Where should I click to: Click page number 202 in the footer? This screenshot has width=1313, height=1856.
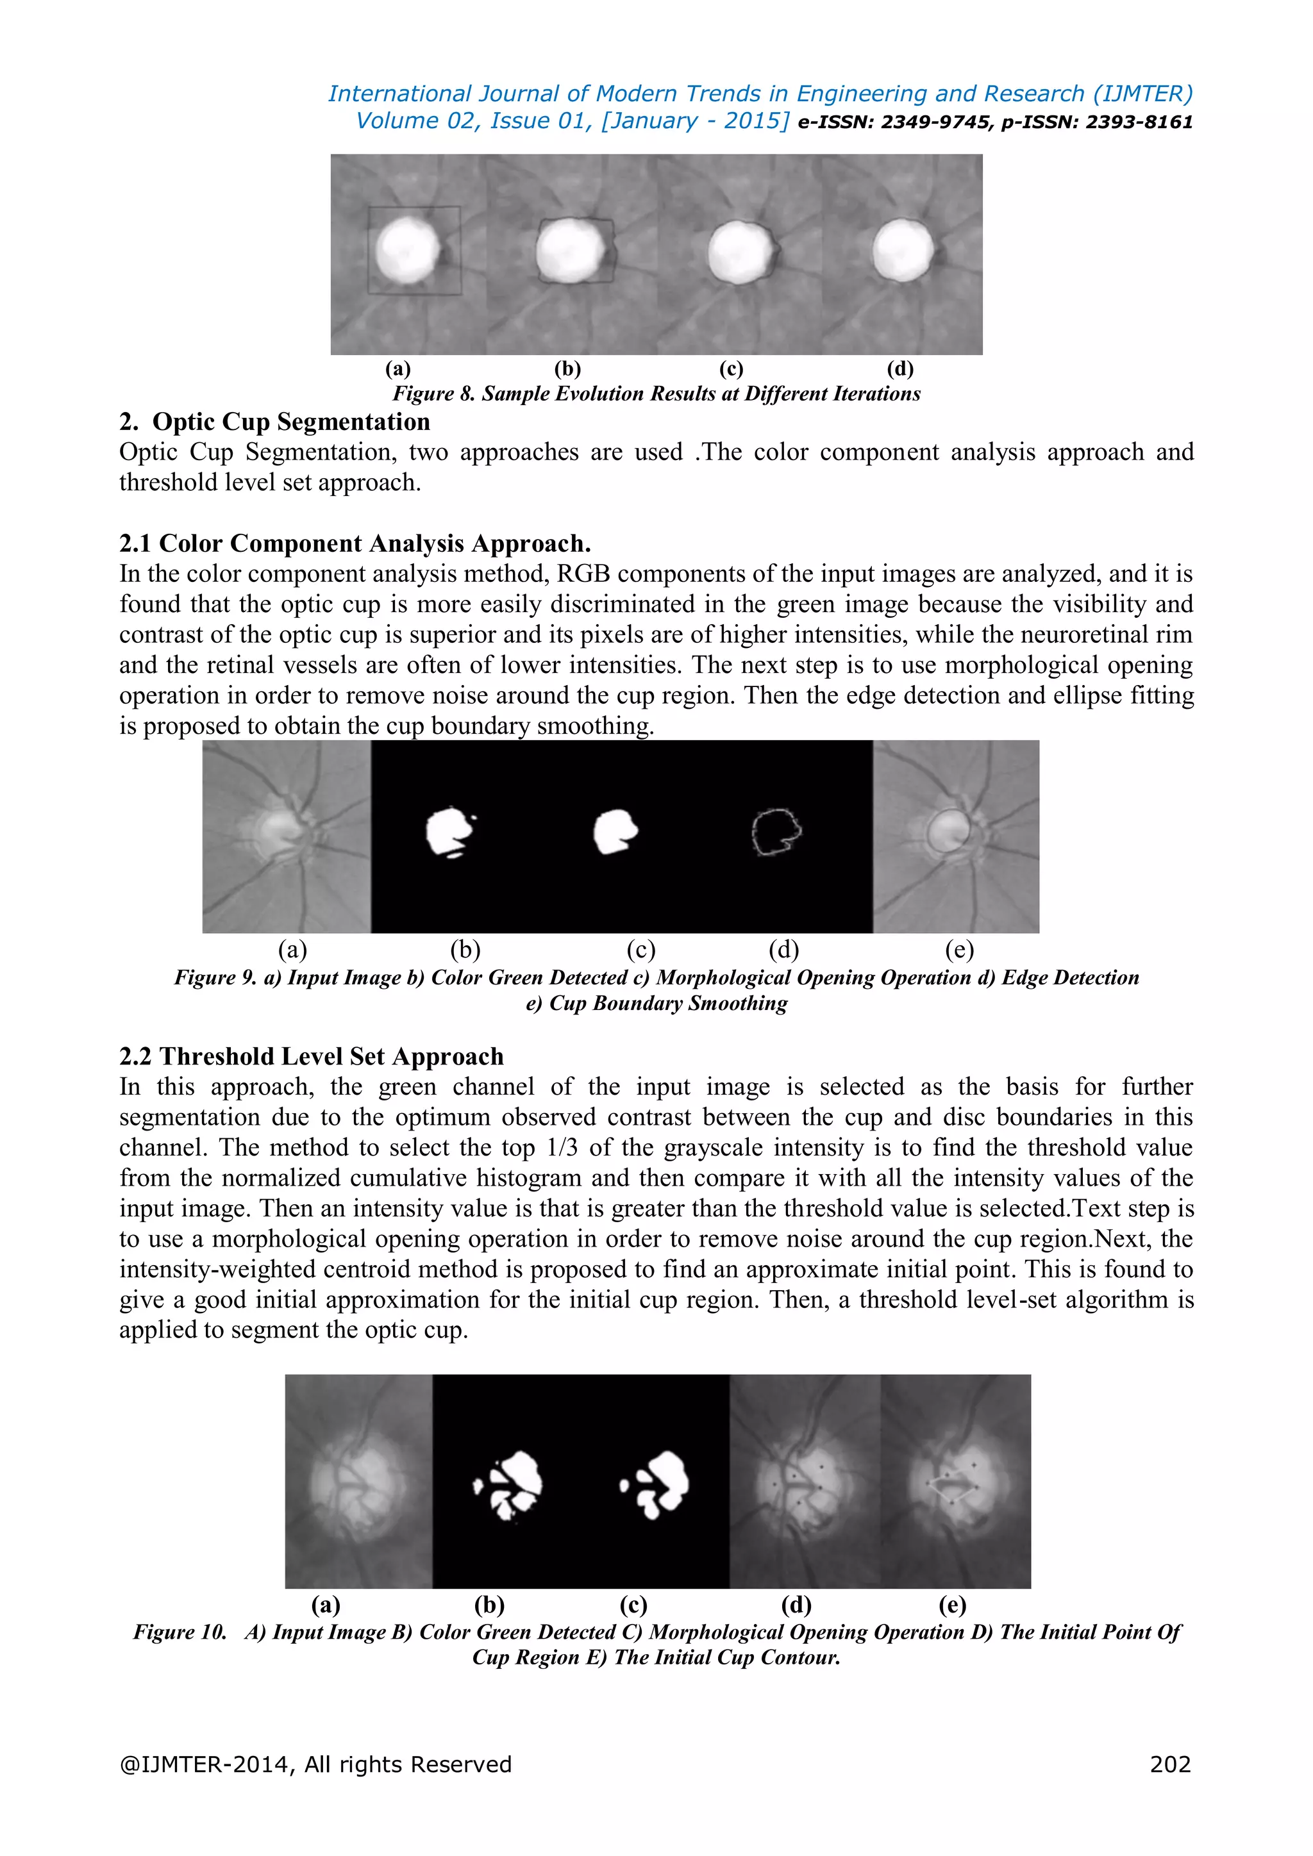pyautogui.click(x=1170, y=1764)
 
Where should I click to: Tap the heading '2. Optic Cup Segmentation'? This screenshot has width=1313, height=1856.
pyautogui.click(x=275, y=422)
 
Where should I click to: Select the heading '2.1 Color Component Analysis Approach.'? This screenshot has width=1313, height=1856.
pyautogui.click(x=355, y=543)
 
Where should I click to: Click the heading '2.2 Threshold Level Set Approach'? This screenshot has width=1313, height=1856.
pyautogui.click(x=312, y=1057)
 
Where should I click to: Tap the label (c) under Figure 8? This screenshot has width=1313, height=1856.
pyautogui.click(x=731, y=369)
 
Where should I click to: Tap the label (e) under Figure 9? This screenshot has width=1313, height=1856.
pyautogui.click(x=959, y=950)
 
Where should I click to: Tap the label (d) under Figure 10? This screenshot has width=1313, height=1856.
pyautogui.click(x=796, y=1605)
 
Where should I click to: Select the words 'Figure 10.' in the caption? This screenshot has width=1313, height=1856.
pyautogui.click(x=180, y=1632)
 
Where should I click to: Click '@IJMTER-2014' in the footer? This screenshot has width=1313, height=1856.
pyautogui.click(x=207, y=1764)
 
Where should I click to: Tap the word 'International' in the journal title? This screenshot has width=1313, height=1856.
pyautogui.click(x=399, y=94)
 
